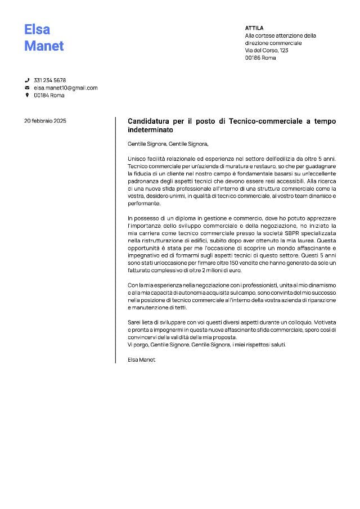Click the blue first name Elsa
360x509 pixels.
(37, 29)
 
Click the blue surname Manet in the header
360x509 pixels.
(44, 46)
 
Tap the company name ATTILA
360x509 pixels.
(254, 28)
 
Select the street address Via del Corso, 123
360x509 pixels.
(267, 51)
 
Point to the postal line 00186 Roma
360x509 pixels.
(260, 58)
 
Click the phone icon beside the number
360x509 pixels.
(27, 80)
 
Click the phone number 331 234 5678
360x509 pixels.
(50, 80)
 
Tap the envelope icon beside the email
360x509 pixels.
(27, 88)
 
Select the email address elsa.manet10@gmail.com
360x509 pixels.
(66, 88)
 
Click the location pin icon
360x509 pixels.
(27, 95)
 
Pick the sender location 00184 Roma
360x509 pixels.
(49, 95)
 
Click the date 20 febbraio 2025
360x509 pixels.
(45, 121)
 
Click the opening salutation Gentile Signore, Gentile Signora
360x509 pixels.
(168, 143)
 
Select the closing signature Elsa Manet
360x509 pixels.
(141, 359)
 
